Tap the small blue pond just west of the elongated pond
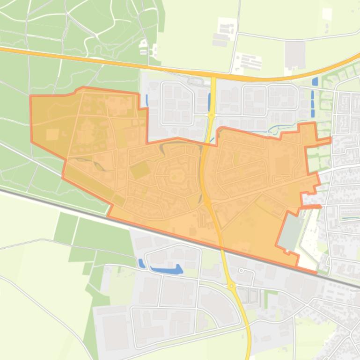click(141, 263)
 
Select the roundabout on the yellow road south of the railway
click(231, 286)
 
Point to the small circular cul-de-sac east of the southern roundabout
click(242, 270)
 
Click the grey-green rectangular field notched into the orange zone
click(292, 231)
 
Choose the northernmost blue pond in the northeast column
click(314, 81)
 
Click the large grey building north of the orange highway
click(294, 54)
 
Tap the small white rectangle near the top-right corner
click(327, 14)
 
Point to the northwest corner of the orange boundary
click(31, 96)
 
